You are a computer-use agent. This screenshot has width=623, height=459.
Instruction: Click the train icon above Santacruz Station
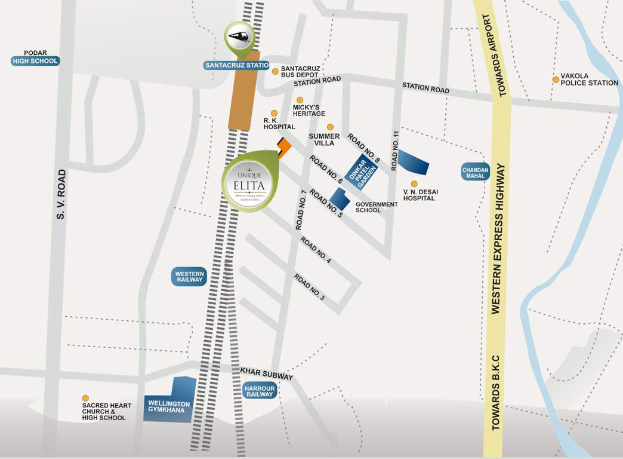239,35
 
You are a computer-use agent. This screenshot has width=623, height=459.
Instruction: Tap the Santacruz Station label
237,65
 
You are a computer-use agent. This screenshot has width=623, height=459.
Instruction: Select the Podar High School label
36,61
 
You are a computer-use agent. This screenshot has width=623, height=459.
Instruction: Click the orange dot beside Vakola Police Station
556,79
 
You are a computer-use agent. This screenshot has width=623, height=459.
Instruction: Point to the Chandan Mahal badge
476,171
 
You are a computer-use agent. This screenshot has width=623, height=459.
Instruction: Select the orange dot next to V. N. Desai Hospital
414,184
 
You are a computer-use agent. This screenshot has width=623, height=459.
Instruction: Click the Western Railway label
190,276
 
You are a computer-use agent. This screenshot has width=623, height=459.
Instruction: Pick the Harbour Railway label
260,391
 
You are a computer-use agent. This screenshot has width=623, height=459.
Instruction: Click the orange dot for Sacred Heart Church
85,398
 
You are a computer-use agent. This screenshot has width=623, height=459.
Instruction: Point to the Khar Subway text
267,374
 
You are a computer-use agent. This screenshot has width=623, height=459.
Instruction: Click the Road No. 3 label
309,287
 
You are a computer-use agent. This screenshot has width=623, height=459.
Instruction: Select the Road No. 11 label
394,150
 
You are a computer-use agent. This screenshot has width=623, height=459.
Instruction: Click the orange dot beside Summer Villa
330,127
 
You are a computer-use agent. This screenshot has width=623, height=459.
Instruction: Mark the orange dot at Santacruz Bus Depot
275,72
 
